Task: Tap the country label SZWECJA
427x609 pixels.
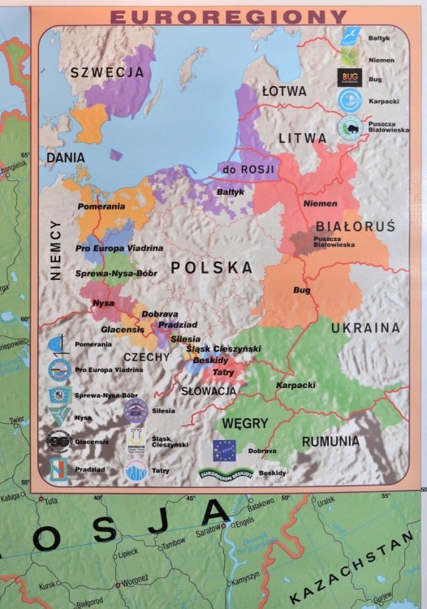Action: (107, 72)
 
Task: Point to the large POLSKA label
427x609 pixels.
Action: (211, 267)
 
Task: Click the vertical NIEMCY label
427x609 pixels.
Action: (55, 249)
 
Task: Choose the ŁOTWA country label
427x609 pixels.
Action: (284, 91)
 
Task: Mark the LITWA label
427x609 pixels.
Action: (303, 138)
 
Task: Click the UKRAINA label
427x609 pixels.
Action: (364, 328)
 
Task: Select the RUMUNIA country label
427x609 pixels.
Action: (330, 441)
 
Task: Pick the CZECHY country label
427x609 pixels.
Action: (146, 356)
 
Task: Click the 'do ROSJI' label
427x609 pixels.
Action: (248, 169)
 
